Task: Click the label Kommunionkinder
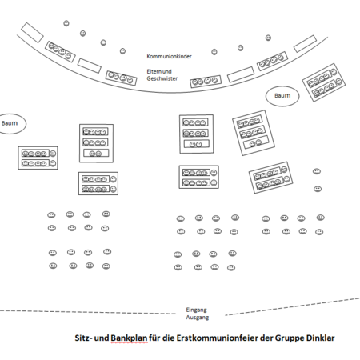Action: click(169, 56)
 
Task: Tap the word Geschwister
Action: click(162, 78)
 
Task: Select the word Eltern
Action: click(154, 71)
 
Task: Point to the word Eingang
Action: click(197, 310)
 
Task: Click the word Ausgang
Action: click(198, 318)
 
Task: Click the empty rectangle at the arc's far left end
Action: click(32, 33)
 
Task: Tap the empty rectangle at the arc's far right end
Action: click(305, 44)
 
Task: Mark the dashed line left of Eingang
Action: click(88, 312)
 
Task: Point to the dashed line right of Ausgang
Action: click(293, 306)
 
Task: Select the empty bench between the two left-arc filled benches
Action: click(90, 66)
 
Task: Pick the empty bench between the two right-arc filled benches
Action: click(241, 74)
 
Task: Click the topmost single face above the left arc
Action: click(66, 23)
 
